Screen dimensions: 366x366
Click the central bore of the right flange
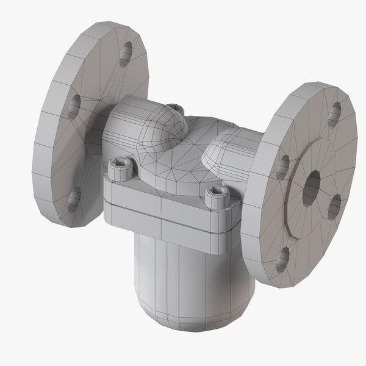[312, 181]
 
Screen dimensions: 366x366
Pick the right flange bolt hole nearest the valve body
[282, 166]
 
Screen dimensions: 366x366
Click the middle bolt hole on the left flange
[74, 106]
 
